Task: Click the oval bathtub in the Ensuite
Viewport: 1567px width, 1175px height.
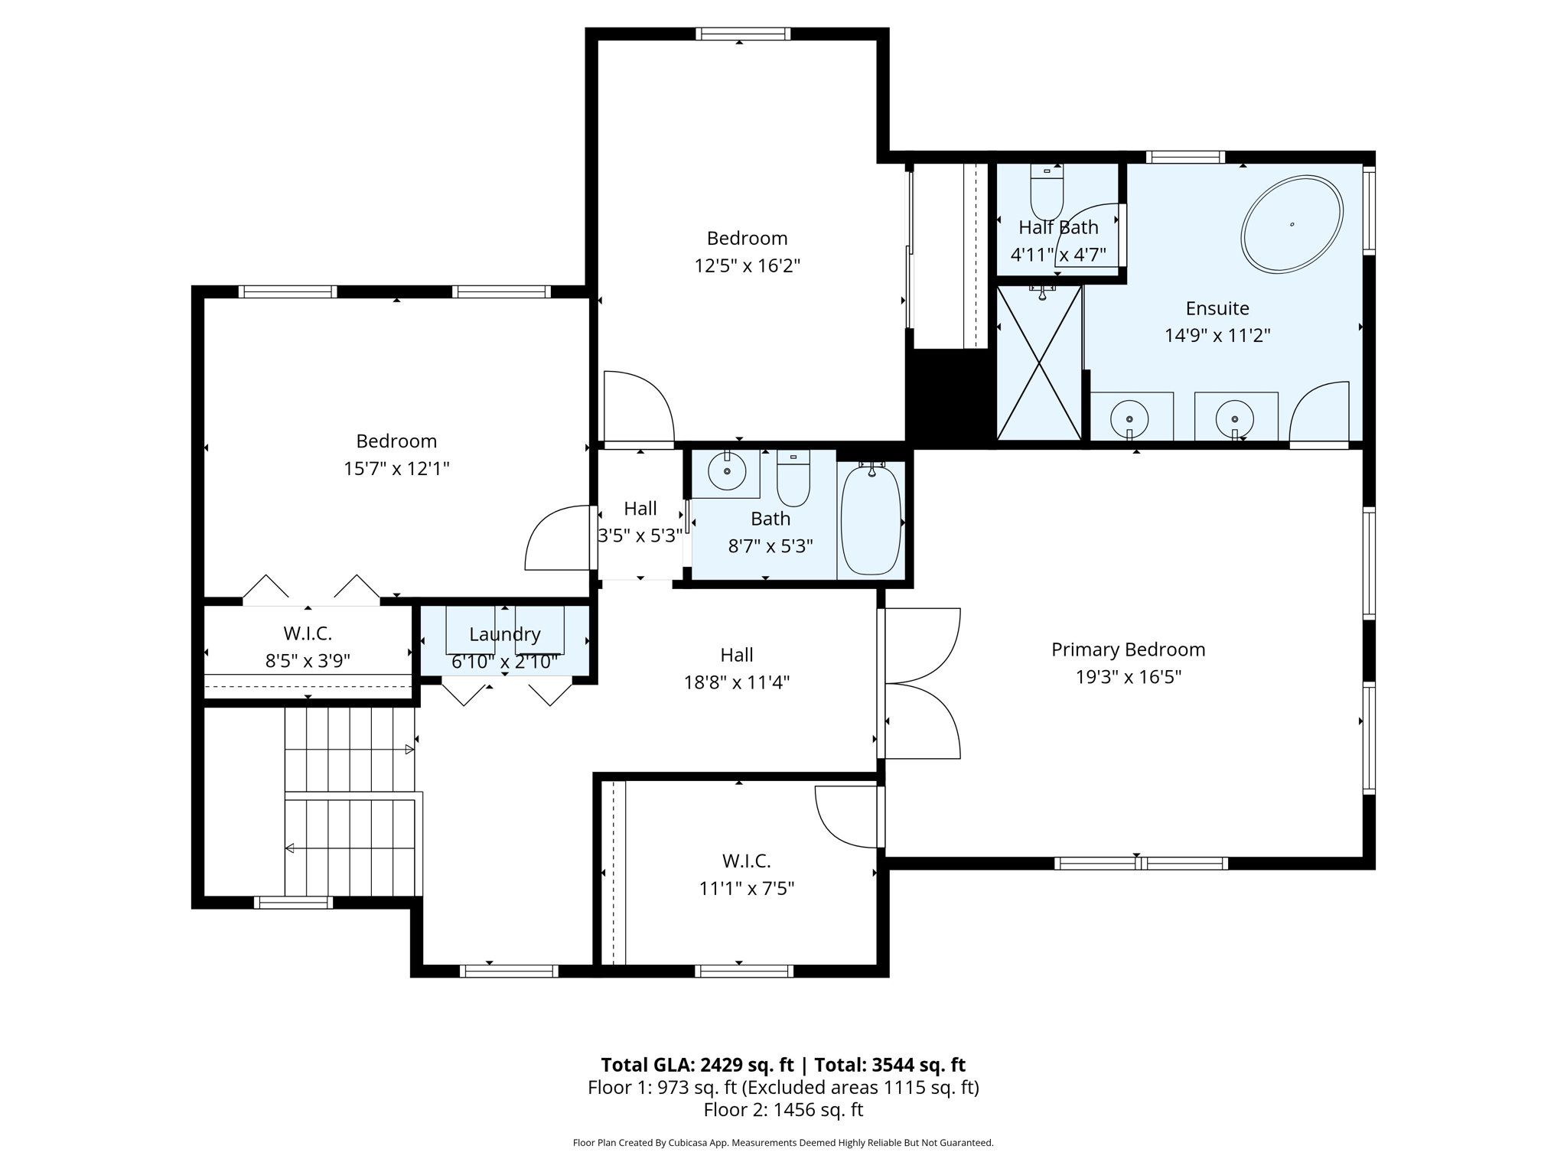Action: click(x=1292, y=224)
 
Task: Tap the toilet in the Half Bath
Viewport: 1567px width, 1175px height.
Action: click(x=1047, y=193)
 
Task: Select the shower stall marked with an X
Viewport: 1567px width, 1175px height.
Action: click(x=1040, y=363)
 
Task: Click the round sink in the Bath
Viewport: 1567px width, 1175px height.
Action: click(x=726, y=470)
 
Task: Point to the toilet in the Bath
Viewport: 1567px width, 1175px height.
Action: click(x=793, y=480)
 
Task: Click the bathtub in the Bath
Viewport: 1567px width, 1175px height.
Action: click(x=871, y=520)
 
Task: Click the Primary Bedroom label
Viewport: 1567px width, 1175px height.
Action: click(x=1128, y=649)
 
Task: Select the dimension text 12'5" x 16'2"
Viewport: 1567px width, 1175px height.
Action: click(x=747, y=265)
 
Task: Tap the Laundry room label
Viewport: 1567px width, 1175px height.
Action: click(x=504, y=634)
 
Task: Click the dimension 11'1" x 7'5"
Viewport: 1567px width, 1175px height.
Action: click(x=746, y=888)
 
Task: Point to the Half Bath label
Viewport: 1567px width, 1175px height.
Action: click(x=1058, y=227)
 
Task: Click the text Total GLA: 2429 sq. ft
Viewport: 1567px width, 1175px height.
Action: click(x=697, y=1065)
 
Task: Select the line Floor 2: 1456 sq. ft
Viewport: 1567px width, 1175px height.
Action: click(x=783, y=1109)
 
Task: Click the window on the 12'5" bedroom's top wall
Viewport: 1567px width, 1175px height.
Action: click(x=743, y=34)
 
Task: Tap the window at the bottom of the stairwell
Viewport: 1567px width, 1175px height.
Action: click(x=293, y=903)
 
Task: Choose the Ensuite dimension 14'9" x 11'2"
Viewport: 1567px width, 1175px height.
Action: click(x=1217, y=335)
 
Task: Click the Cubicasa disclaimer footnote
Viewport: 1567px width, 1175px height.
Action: click(x=783, y=1143)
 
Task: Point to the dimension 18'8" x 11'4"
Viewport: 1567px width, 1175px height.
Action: click(x=736, y=682)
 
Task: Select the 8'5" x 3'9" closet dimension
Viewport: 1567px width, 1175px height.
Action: click(x=308, y=661)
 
